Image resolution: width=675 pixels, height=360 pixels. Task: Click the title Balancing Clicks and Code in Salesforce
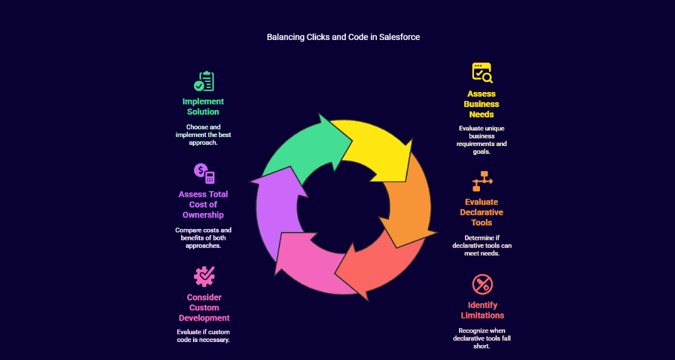pyautogui.click(x=343, y=37)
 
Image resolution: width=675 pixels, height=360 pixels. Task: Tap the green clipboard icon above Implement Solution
pyautogui.click(x=204, y=81)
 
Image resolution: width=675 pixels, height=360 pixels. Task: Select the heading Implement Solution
pyautogui.click(x=203, y=106)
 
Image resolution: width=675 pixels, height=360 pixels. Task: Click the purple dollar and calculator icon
pyautogui.click(x=204, y=173)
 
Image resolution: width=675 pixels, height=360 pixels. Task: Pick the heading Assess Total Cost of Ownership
pyautogui.click(x=203, y=204)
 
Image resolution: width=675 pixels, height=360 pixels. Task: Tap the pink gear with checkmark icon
pyautogui.click(x=204, y=276)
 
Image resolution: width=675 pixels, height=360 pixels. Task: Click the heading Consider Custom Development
pyautogui.click(x=204, y=307)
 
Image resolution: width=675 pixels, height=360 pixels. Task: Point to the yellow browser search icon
pyautogui.click(x=482, y=72)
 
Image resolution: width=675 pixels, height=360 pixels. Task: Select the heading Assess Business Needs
pyautogui.click(x=481, y=104)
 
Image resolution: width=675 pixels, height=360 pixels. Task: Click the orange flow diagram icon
pyautogui.click(x=482, y=181)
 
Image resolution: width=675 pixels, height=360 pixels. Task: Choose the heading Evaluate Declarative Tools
pyautogui.click(x=481, y=212)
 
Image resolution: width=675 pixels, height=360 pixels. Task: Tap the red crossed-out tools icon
pyautogui.click(x=482, y=284)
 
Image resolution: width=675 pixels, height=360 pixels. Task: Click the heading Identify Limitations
pyautogui.click(x=482, y=310)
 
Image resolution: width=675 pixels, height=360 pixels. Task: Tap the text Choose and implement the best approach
pyautogui.click(x=203, y=134)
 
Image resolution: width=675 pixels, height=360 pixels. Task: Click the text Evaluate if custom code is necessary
pyautogui.click(x=203, y=335)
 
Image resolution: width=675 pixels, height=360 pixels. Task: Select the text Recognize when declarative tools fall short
pyautogui.click(x=481, y=338)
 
